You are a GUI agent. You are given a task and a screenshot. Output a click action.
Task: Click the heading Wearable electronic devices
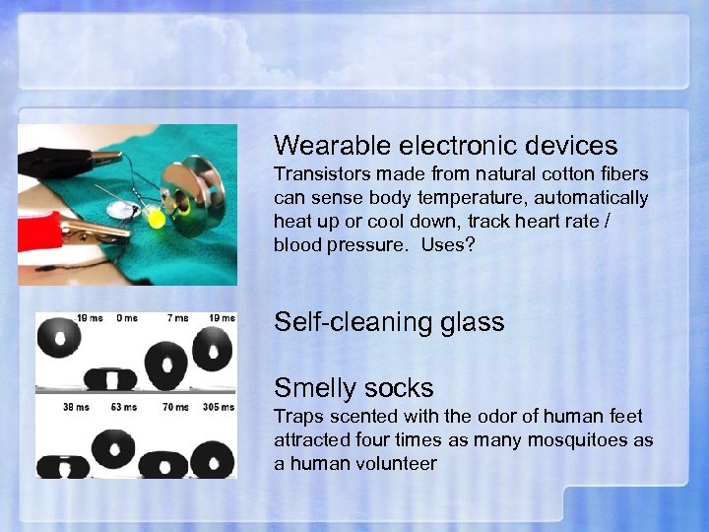click(x=445, y=146)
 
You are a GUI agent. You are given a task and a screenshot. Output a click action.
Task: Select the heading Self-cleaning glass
click(x=389, y=322)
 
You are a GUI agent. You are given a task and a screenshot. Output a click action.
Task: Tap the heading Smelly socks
click(x=354, y=388)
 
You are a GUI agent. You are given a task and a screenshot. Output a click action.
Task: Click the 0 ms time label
click(x=127, y=317)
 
